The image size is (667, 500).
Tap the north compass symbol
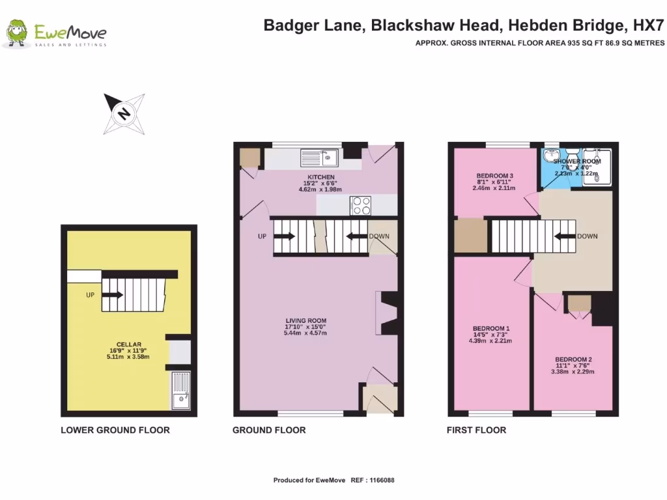point(124,114)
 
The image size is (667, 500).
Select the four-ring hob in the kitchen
point(361,206)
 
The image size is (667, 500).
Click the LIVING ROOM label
point(305,320)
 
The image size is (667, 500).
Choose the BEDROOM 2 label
point(573,359)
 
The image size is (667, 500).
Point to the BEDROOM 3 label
point(495,176)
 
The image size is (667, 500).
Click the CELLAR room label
point(128,344)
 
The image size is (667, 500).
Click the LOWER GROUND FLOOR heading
point(115,430)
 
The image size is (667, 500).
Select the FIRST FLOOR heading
point(476,430)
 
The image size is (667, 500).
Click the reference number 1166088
point(382,480)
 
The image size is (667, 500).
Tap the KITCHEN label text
point(321,177)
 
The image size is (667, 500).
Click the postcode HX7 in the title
point(651,26)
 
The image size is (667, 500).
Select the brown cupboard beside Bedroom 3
point(471,235)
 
